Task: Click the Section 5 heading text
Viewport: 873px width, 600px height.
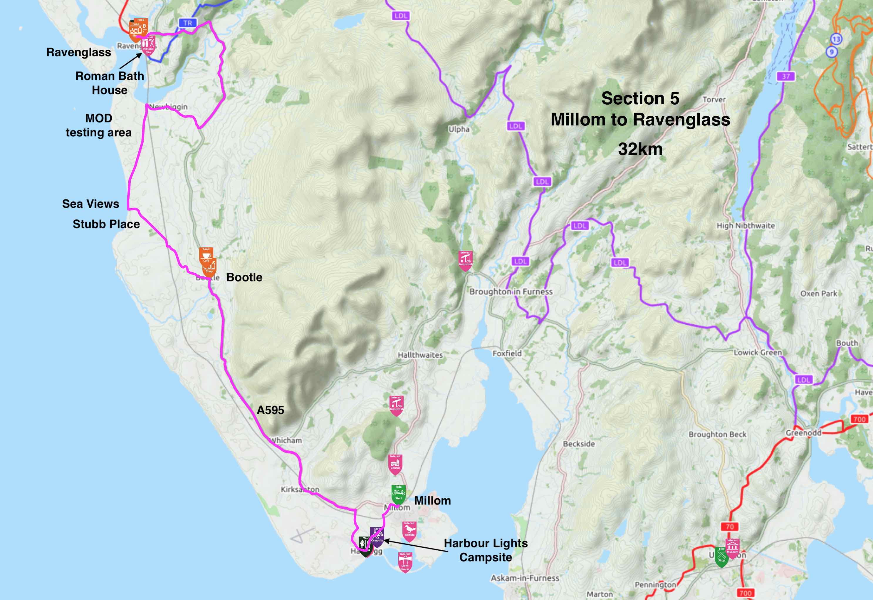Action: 640,98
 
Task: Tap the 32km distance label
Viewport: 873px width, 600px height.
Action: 640,149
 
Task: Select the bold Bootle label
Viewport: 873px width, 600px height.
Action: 244,277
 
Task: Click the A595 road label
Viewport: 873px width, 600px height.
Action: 270,410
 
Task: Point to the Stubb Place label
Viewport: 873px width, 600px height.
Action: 106,224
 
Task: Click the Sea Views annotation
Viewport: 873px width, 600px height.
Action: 90,204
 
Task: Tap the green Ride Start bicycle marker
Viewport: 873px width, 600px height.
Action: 398,493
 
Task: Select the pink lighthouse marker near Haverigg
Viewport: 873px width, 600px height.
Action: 405,561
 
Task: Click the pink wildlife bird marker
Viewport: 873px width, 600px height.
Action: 409,530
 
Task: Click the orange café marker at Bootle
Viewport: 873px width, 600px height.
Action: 206,255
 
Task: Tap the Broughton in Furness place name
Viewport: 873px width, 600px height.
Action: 511,292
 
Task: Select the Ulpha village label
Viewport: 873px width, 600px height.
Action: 459,129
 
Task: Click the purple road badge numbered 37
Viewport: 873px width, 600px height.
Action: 786,76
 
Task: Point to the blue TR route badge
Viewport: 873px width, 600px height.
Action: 187,23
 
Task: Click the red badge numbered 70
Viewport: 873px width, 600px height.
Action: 729,527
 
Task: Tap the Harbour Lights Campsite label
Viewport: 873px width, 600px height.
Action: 486,550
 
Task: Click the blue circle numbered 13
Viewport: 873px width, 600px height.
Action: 836,39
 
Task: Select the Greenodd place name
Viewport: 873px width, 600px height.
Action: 803,433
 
